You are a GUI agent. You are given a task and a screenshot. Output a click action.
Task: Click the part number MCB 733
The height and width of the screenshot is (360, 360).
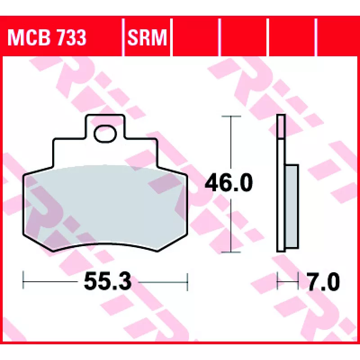click(x=47, y=37)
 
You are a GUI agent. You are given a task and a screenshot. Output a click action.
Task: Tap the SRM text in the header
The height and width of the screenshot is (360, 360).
click(x=147, y=37)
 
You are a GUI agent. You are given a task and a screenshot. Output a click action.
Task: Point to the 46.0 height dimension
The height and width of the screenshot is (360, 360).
click(x=229, y=183)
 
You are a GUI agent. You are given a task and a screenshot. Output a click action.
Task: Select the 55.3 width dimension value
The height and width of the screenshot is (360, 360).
click(x=108, y=281)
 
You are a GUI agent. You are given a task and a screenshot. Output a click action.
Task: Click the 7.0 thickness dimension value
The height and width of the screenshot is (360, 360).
click(x=324, y=282)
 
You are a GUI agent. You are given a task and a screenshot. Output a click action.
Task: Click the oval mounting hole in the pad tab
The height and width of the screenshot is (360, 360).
click(x=105, y=134)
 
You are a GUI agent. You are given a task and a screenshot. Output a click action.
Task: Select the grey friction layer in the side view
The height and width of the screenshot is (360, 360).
click(x=292, y=206)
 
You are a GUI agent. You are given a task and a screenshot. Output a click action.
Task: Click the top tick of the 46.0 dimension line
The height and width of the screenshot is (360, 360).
click(x=231, y=117)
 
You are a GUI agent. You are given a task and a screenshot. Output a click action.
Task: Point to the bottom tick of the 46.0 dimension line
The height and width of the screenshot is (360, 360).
click(x=231, y=252)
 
